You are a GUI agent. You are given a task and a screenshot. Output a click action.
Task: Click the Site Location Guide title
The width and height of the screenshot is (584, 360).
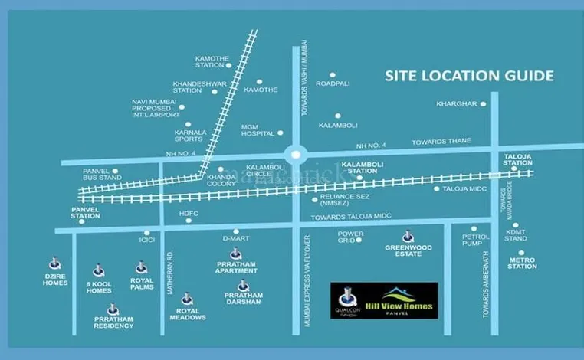468,76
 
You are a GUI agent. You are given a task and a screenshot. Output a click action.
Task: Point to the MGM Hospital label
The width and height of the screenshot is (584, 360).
258,129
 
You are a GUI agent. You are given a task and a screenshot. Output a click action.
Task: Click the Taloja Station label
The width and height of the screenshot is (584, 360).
517,160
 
